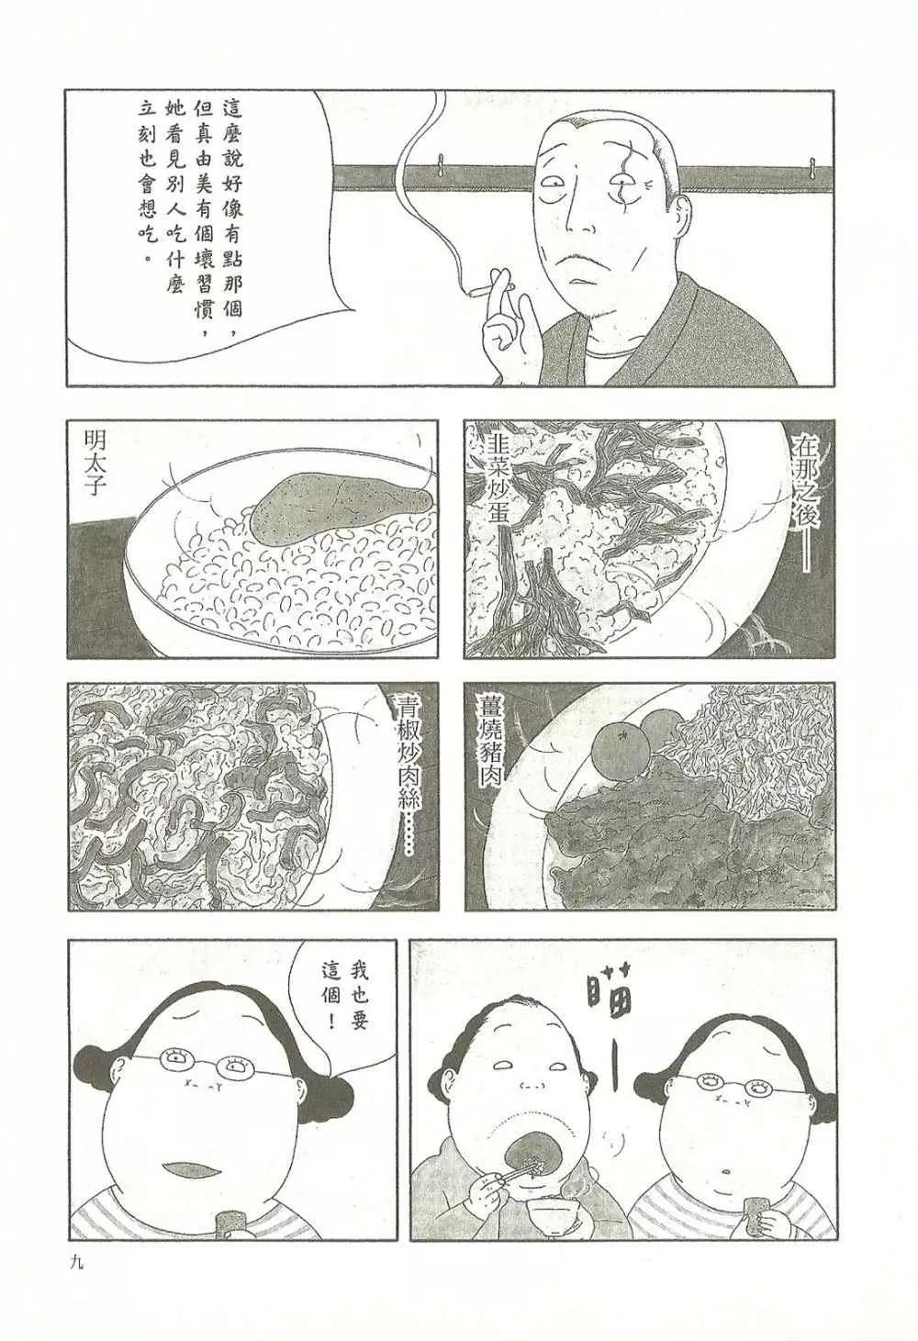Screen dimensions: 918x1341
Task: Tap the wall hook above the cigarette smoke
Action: point(441,164)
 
